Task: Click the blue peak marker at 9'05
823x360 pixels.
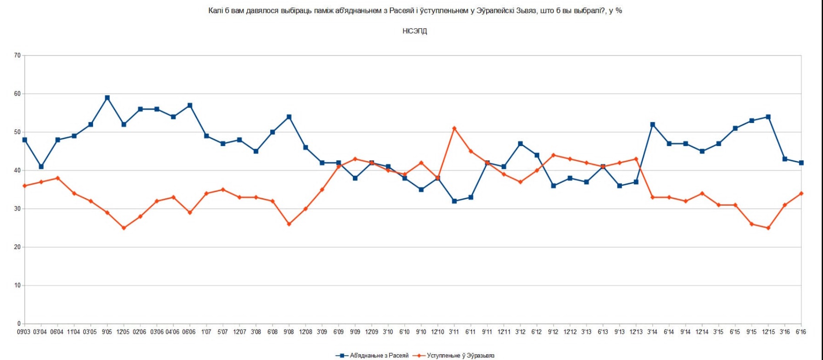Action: [x=107, y=98]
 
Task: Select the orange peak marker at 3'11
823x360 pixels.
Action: [x=454, y=129]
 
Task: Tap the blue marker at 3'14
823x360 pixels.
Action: [x=653, y=125]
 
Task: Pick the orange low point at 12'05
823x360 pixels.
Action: [x=124, y=228]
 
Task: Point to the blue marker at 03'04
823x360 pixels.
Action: [x=41, y=167]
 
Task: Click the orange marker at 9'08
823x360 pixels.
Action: [x=289, y=224]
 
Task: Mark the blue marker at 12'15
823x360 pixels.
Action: [x=768, y=117]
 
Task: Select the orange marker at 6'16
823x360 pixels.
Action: [x=801, y=193]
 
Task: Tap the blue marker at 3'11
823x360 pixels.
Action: [x=454, y=201]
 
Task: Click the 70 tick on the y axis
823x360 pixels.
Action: [x=17, y=55]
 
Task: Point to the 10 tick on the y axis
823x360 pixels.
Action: [x=17, y=285]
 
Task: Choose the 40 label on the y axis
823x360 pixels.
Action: [x=17, y=170]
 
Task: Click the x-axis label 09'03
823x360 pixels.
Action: [x=24, y=332]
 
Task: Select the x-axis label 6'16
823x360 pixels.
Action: [x=801, y=332]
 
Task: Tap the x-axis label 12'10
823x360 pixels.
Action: [x=438, y=332]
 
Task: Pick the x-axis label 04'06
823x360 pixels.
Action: [x=173, y=332]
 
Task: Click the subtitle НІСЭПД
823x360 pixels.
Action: [x=415, y=31]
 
